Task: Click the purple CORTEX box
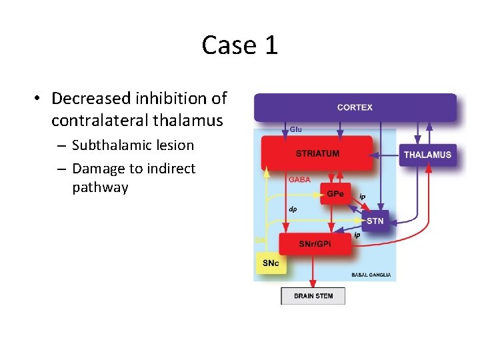(x=355, y=107)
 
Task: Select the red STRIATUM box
(x=317, y=153)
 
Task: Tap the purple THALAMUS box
(x=427, y=155)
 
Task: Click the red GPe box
(x=335, y=193)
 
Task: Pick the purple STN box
(x=375, y=220)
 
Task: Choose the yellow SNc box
(x=271, y=263)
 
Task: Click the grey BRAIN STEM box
(x=313, y=295)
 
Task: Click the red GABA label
(x=299, y=179)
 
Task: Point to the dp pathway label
(x=293, y=209)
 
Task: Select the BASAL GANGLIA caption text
(x=371, y=275)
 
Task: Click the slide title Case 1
(x=239, y=45)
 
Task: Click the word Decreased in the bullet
(x=91, y=99)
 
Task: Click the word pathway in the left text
(x=100, y=187)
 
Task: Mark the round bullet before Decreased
(x=39, y=99)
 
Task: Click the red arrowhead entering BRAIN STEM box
(x=313, y=285)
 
